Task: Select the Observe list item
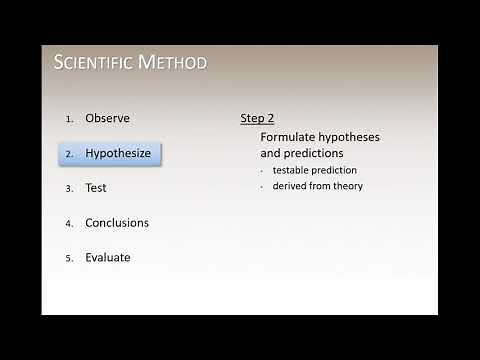pyautogui.click(x=107, y=118)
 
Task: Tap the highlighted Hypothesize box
pyautogui.click(x=110, y=154)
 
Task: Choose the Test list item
pyautogui.click(x=96, y=187)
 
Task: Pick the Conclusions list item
pyautogui.click(x=117, y=222)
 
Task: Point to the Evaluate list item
pyautogui.click(x=108, y=257)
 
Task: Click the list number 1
pyautogui.click(x=70, y=119)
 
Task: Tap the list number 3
pyautogui.click(x=70, y=188)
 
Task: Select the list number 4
pyautogui.click(x=70, y=223)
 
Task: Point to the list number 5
pyautogui.click(x=70, y=258)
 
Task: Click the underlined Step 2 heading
pyautogui.click(x=257, y=118)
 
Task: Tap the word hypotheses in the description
pyautogui.click(x=349, y=136)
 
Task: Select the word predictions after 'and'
pyautogui.click(x=314, y=154)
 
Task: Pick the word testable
pyautogui.click(x=292, y=171)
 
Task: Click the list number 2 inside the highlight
pyautogui.click(x=70, y=155)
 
